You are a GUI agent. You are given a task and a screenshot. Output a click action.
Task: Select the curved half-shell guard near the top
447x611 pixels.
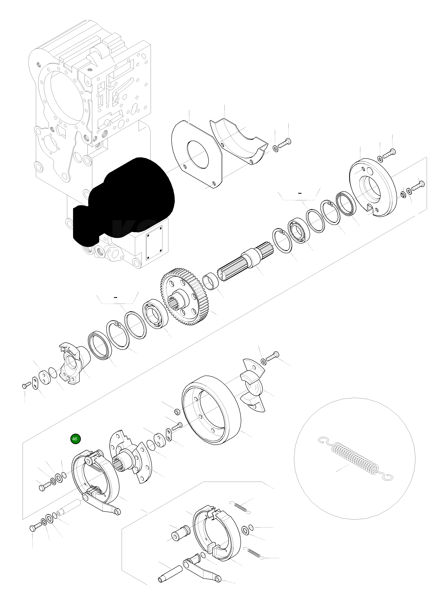tap(238, 141)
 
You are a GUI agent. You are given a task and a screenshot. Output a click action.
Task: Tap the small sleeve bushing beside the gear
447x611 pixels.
tap(211, 282)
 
